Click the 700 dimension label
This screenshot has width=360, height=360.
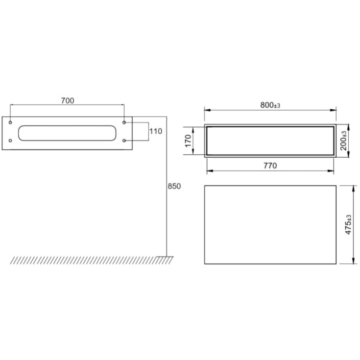[x=68, y=100]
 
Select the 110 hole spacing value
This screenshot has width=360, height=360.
[x=156, y=131]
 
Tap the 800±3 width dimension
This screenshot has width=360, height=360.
[x=270, y=105]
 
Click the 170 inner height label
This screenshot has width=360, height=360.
[x=188, y=141]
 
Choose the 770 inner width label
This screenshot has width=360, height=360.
[x=270, y=166]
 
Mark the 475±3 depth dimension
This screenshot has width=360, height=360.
[x=349, y=225]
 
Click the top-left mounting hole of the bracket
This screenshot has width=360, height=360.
[x=10, y=122]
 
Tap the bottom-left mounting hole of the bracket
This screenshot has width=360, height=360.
[x=10, y=141]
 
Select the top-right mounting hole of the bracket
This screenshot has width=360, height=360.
[x=124, y=122]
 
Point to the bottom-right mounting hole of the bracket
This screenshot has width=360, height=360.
[x=124, y=141]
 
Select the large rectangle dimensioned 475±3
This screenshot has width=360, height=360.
[x=270, y=225]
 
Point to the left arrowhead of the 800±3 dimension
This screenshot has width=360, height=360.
[x=206, y=110]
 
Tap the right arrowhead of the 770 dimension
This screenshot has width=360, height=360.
[x=333, y=171]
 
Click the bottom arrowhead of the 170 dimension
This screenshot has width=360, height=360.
[x=195, y=153]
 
